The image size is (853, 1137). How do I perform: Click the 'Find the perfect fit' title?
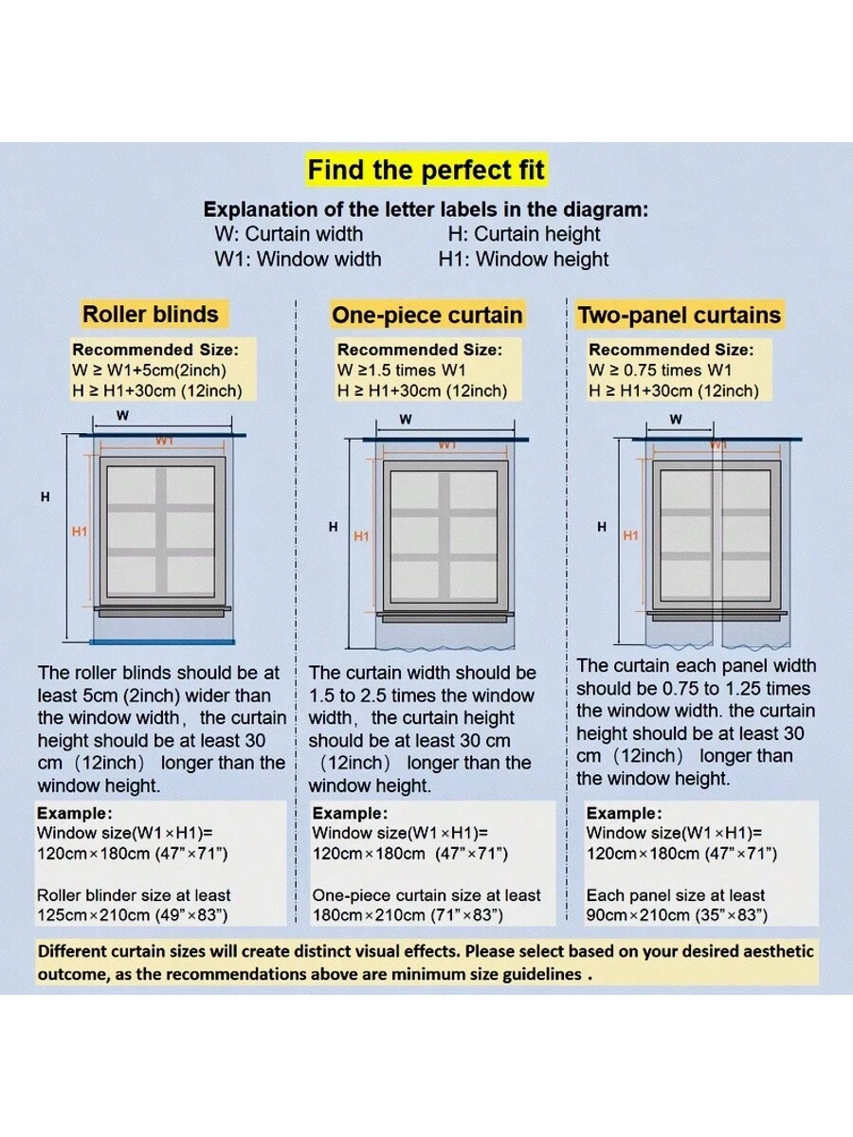click(426, 170)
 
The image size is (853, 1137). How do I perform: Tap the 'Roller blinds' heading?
click(151, 315)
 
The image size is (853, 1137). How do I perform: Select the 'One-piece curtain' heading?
click(427, 315)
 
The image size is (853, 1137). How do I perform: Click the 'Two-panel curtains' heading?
click(680, 315)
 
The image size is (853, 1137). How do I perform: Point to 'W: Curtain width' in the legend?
click(289, 234)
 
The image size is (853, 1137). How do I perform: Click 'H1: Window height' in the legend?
click(523, 259)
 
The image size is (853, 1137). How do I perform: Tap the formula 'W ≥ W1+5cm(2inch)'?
click(150, 370)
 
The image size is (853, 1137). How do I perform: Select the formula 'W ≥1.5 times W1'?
click(401, 370)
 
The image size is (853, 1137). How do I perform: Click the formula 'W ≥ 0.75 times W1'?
click(661, 370)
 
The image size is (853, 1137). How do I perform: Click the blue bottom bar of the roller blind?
click(162, 642)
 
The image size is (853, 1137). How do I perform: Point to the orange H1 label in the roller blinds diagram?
click(80, 532)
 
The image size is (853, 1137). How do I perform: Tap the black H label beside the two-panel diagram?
click(601, 528)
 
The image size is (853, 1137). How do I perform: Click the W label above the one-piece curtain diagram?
click(406, 420)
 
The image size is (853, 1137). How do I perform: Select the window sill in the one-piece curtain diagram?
click(445, 617)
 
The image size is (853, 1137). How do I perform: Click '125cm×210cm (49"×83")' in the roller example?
click(133, 915)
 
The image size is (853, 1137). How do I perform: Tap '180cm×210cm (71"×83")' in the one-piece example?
click(408, 915)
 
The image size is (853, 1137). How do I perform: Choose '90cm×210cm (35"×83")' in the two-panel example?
click(677, 915)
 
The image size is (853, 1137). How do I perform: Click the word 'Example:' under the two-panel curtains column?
click(624, 813)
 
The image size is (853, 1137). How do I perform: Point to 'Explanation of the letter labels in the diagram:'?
click(426, 209)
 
